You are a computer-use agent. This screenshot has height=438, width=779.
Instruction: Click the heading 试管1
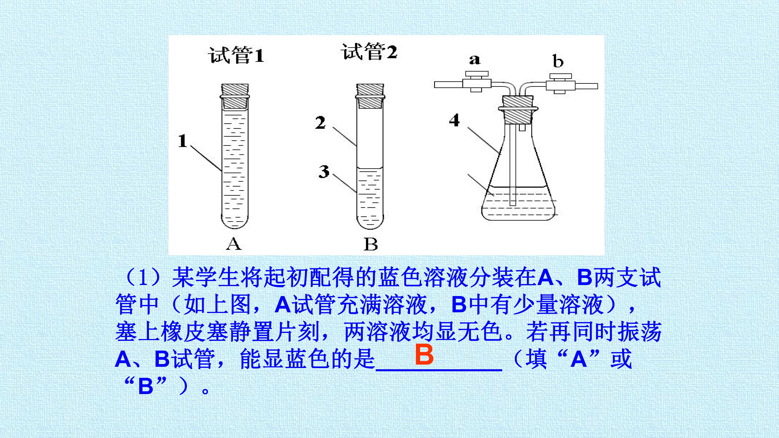click(x=236, y=55)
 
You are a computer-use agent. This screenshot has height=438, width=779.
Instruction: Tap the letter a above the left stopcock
click(x=475, y=60)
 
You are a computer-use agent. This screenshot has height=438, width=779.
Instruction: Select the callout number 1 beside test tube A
click(x=182, y=141)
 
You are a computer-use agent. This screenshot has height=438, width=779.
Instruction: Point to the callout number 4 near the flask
click(x=454, y=120)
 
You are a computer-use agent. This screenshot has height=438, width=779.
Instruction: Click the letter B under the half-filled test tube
click(x=370, y=244)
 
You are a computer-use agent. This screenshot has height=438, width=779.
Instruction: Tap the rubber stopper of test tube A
click(x=235, y=96)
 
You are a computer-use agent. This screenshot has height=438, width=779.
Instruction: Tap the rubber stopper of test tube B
click(x=370, y=96)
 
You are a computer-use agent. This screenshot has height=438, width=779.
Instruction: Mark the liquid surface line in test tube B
click(x=370, y=168)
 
